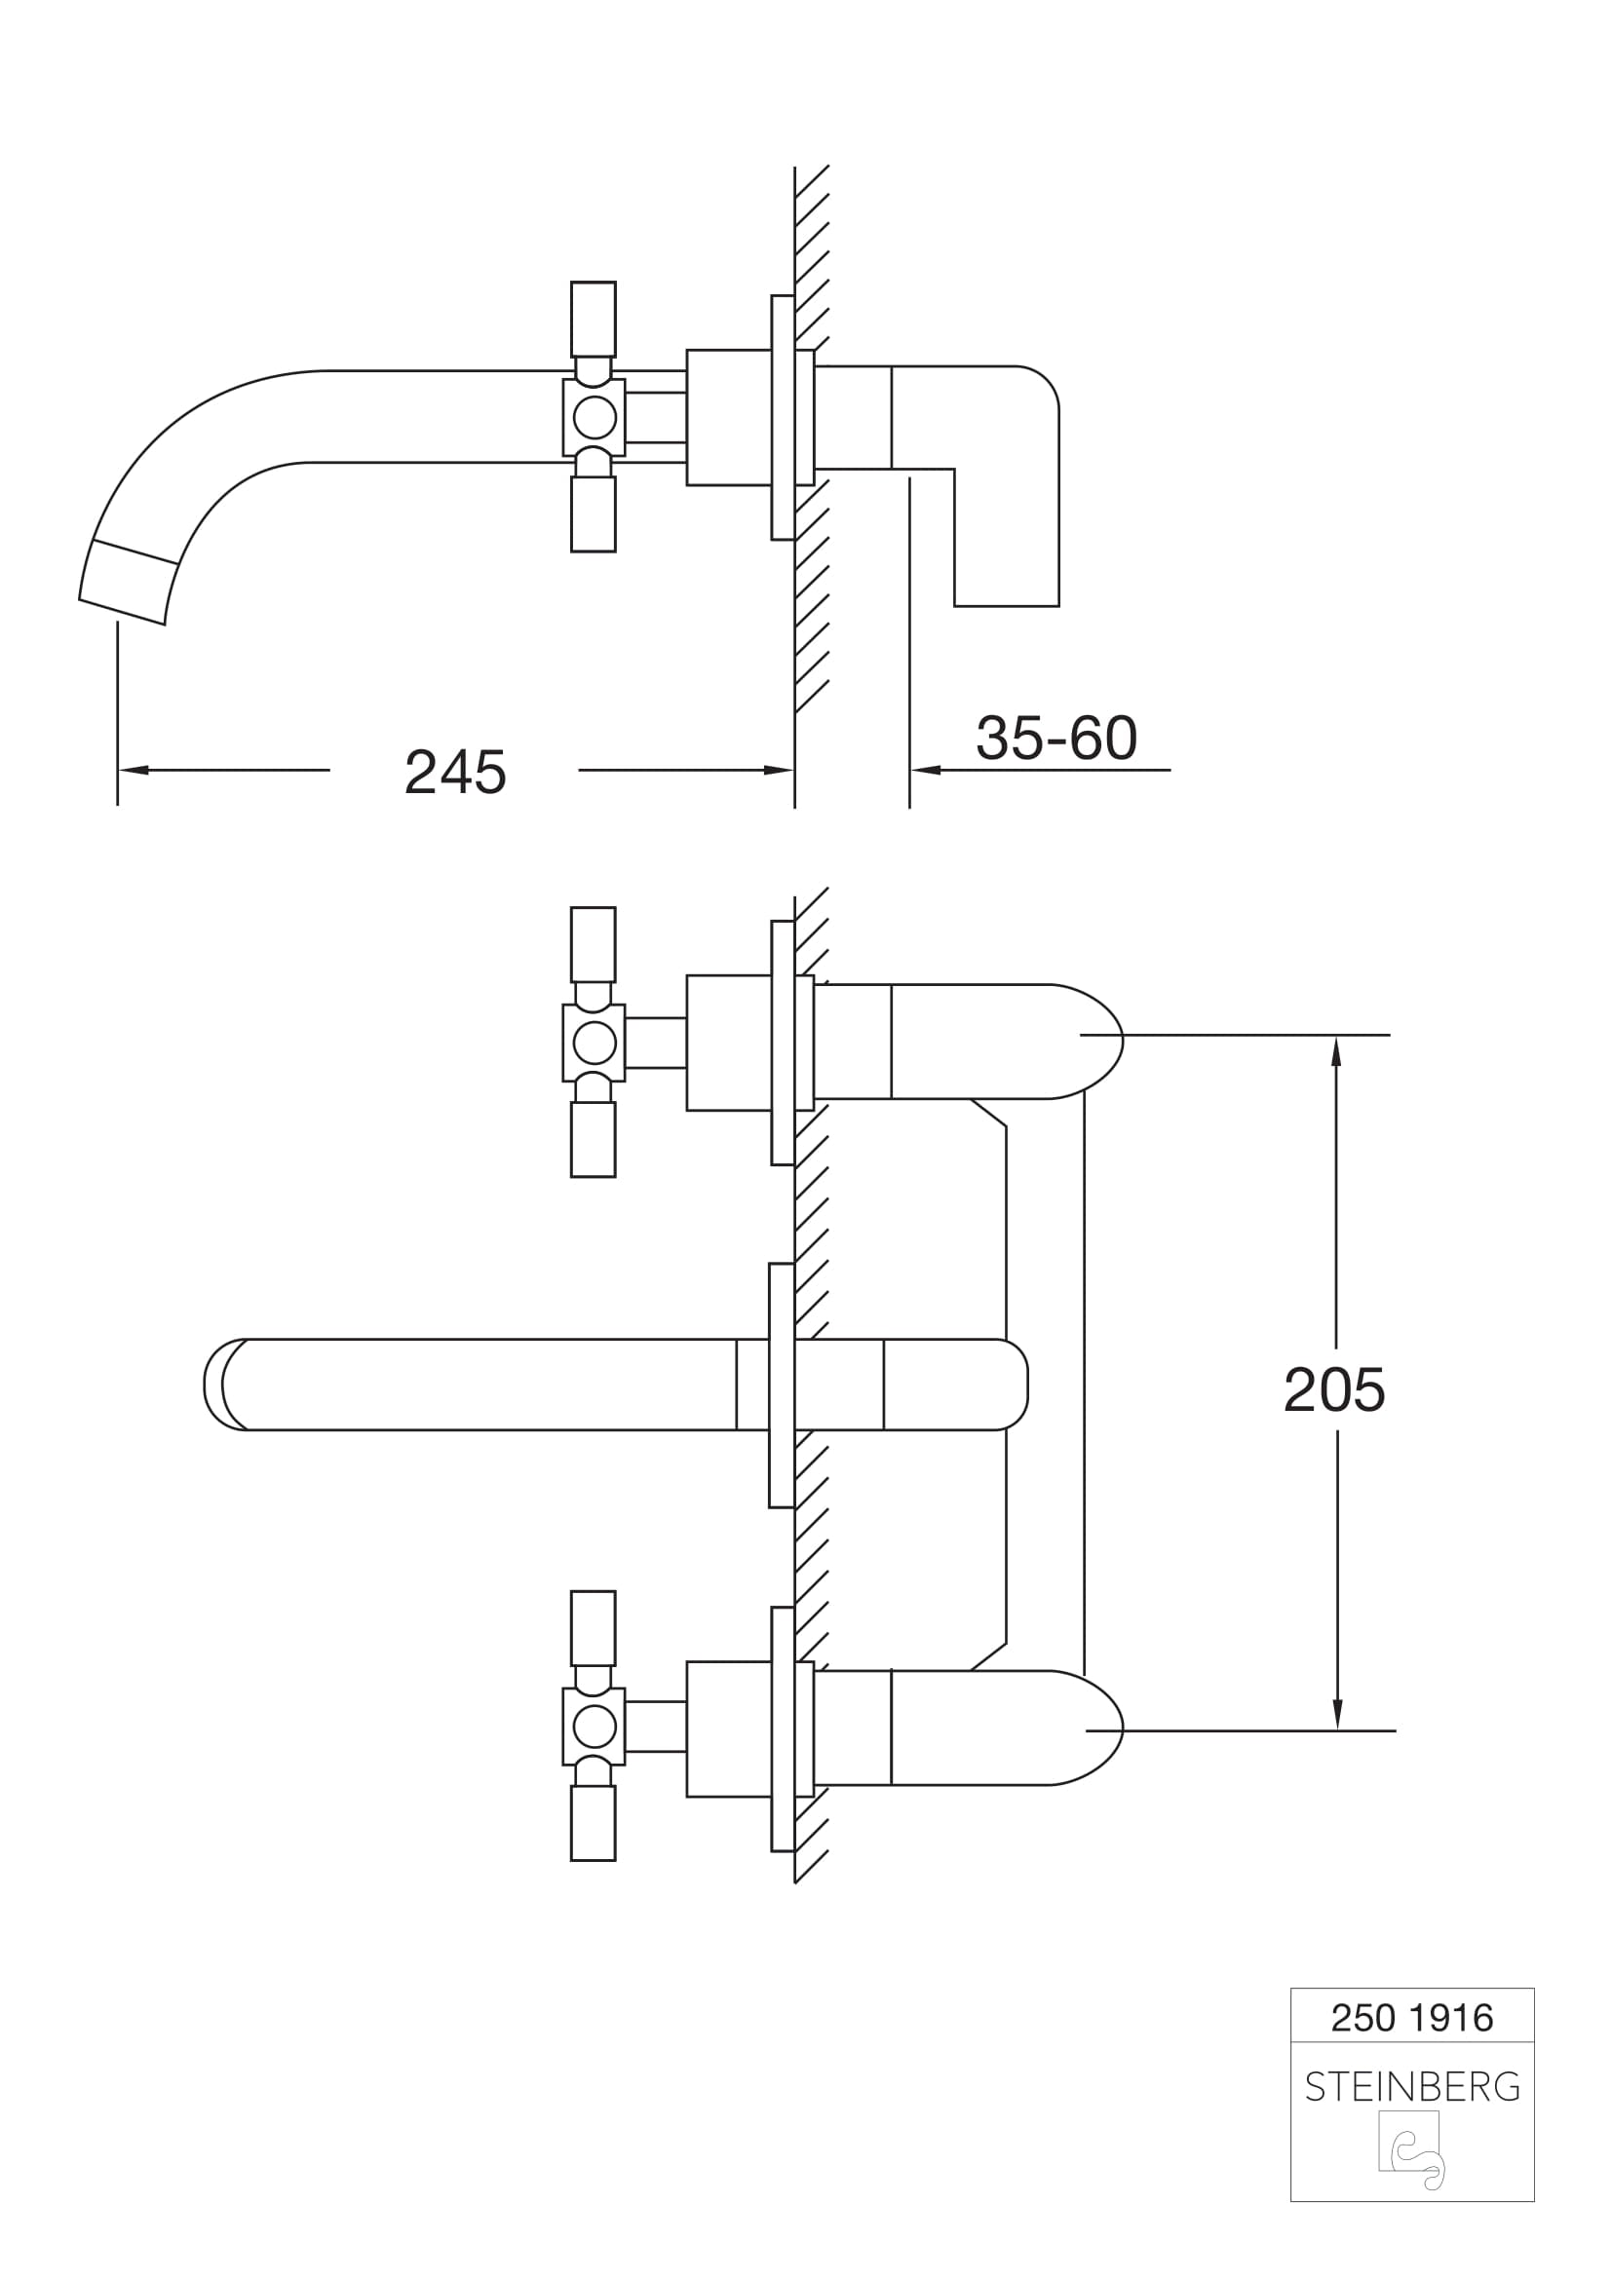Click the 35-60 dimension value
(1056, 739)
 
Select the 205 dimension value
(1334, 1389)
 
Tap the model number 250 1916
(1411, 2018)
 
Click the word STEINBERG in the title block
(1412, 2087)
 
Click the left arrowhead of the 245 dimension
(133, 770)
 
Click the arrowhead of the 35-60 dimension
(925, 770)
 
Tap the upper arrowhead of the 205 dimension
(1336, 1051)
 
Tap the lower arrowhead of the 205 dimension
(1337, 1714)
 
